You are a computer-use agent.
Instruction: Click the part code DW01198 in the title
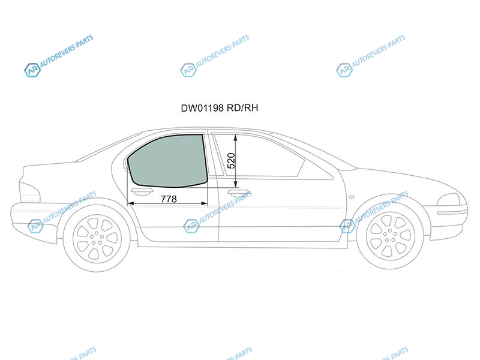[x=202, y=108]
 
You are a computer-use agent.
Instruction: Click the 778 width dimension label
[x=169, y=199]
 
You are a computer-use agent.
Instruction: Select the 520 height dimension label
[x=232, y=161]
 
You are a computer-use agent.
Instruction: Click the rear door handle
[x=142, y=192]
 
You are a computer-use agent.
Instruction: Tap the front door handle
[x=239, y=193]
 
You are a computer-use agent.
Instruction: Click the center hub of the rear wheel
[x=97, y=239]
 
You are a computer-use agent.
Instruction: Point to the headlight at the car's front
[x=449, y=200]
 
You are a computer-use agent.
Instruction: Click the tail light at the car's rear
[x=29, y=192]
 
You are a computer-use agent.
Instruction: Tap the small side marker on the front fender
[x=352, y=197]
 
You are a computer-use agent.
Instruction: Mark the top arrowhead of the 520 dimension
[x=235, y=137]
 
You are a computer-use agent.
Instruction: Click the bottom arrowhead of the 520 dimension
[x=235, y=184]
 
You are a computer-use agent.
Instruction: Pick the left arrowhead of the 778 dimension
[x=130, y=203]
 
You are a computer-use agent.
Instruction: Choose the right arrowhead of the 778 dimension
[x=204, y=203]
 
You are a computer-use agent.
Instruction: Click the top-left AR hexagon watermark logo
[x=32, y=70]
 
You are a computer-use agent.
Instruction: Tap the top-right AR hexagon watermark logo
[x=344, y=70]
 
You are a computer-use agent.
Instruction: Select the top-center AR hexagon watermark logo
[x=188, y=70]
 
